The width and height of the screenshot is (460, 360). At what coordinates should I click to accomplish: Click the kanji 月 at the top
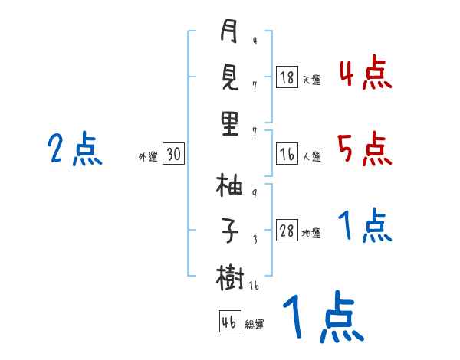pyautogui.click(x=229, y=33)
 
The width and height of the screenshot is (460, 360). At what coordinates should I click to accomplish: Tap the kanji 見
pyautogui.click(x=229, y=77)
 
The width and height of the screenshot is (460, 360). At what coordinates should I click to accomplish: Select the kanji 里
pyautogui.click(x=229, y=122)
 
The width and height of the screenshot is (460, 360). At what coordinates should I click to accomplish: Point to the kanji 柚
pyautogui.click(x=229, y=186)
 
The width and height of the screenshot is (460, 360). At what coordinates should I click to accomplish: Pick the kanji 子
pyautogui.click(x=229, y=230)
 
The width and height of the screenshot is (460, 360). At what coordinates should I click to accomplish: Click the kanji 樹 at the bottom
pyautogui.click(x=229, y=275)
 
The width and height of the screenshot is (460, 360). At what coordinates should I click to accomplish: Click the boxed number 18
pyautogui.click(x=287, y=78)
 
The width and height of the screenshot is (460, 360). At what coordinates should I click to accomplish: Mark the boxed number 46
pyautogui.click(x=229, y=322)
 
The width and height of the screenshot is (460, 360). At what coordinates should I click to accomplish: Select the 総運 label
pyautogui.click(x=255, y=324)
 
